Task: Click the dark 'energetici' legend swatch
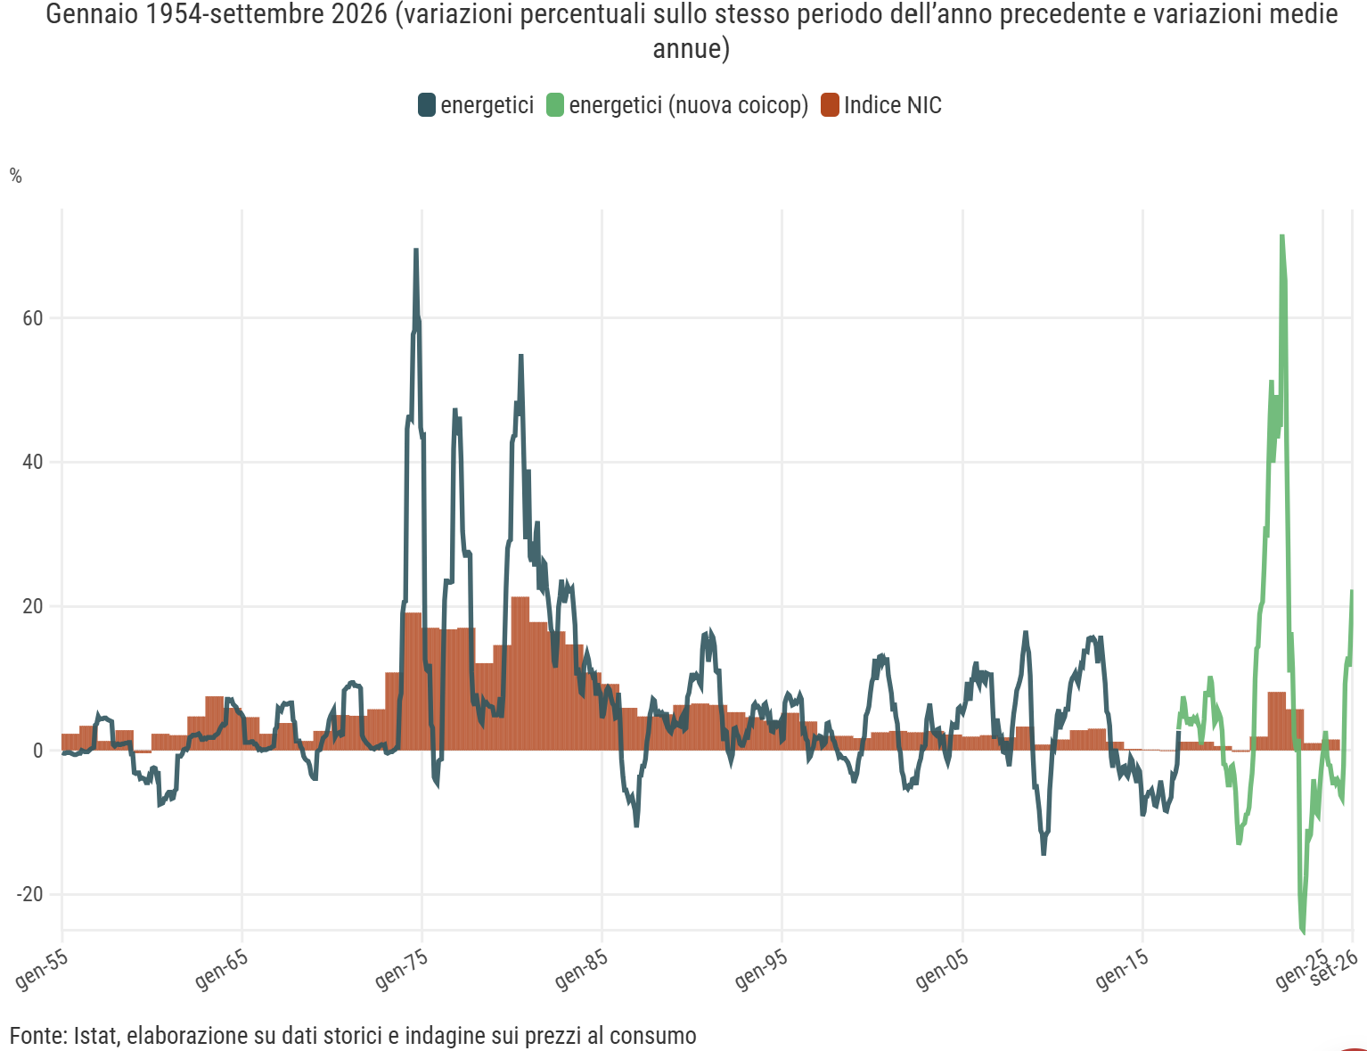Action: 427,105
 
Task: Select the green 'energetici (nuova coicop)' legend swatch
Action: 555,105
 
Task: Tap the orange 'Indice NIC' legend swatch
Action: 830,105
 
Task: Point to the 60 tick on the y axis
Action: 33,318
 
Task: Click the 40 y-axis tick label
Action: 33,463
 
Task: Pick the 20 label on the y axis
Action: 33,607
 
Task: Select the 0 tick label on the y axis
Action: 37,751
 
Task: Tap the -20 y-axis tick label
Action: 29,894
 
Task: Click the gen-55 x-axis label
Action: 42,969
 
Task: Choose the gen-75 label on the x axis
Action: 401,969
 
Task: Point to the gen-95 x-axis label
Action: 761,969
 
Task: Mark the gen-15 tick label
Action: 1122,969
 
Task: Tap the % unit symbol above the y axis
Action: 16,177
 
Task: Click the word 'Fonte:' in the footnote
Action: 39,1035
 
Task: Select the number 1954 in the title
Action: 172,14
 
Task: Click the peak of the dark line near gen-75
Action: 416,250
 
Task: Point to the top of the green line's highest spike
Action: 1282,236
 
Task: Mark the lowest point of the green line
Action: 1302,932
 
